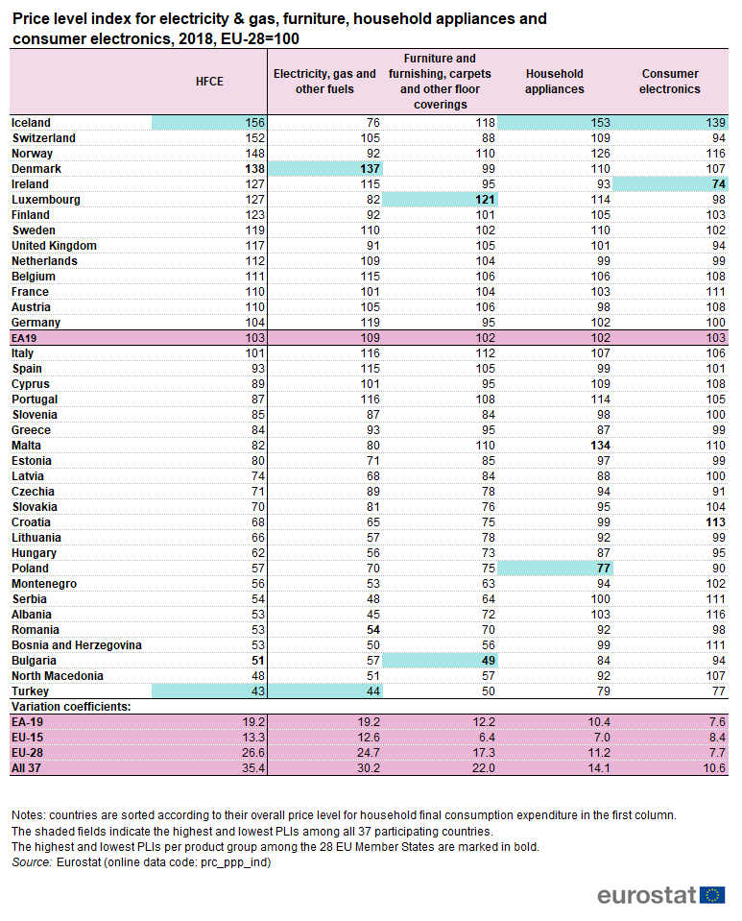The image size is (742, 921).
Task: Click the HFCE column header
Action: click(x=209, y=82)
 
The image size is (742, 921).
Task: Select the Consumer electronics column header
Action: click(x=670, y=82)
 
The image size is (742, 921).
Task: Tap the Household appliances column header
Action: click(x=555, y=82)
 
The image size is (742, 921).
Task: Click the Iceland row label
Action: click(x=31, y=123)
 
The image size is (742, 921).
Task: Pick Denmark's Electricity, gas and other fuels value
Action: click(x=370, y=169)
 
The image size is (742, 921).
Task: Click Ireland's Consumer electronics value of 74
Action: click(x=719, y=184)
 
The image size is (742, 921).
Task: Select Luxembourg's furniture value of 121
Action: click(x=486, y=200)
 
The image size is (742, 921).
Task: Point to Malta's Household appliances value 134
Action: click(x=601, y=446)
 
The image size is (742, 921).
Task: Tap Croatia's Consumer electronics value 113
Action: click(x=715, y=522)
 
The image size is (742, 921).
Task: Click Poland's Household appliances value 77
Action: click(x=604, y=569)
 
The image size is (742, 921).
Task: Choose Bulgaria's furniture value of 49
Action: click(x=489, y=661)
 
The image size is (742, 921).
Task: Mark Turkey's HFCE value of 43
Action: click(x=258, y=691)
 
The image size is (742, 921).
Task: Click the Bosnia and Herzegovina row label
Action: click(x=77, y=645)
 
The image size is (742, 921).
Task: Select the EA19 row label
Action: click(x=24, y=338)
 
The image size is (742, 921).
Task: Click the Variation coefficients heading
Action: click(x=71, y=707)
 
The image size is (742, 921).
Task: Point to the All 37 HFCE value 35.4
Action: click(x=253, y=768)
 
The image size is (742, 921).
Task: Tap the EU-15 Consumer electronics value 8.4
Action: click(x=717, y=738)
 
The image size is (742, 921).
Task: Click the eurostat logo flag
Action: click(x=712, y=895)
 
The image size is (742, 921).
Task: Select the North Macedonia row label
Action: click(x=58, y=676)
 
